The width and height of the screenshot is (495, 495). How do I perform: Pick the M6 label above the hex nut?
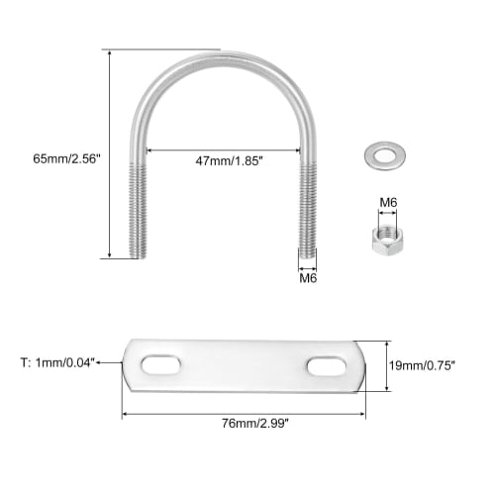point(388,203)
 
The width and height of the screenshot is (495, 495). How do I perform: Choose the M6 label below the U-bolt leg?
point(308,278)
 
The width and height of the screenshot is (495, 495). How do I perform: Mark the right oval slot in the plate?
point(328,366)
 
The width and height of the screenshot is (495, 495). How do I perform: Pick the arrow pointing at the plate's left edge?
point(122,363)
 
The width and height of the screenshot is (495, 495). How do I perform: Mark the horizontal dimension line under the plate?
point(244,414)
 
